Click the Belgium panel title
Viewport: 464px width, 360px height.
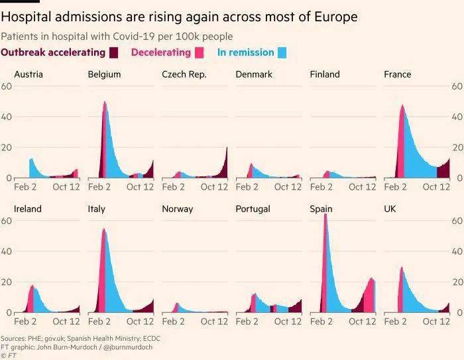point(104,74)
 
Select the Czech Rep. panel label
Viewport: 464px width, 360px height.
point(184,74)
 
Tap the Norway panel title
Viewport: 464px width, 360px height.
point(178,209)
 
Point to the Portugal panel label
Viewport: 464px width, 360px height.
point(253,209)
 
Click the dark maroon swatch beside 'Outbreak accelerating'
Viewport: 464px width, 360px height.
point(114,53)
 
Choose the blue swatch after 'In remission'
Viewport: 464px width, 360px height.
point(282,53)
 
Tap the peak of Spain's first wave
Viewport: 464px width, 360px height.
point(325,215)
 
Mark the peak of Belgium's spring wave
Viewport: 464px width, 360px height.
point(105,101)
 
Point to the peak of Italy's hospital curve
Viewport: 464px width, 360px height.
point(104,229)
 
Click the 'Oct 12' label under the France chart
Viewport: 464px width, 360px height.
point(435,188)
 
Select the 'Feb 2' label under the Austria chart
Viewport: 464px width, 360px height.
point(26,188)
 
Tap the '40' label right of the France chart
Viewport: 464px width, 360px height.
point(457,117)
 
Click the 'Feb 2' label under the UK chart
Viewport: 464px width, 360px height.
point(396,322)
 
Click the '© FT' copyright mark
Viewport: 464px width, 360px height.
point(9,356)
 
